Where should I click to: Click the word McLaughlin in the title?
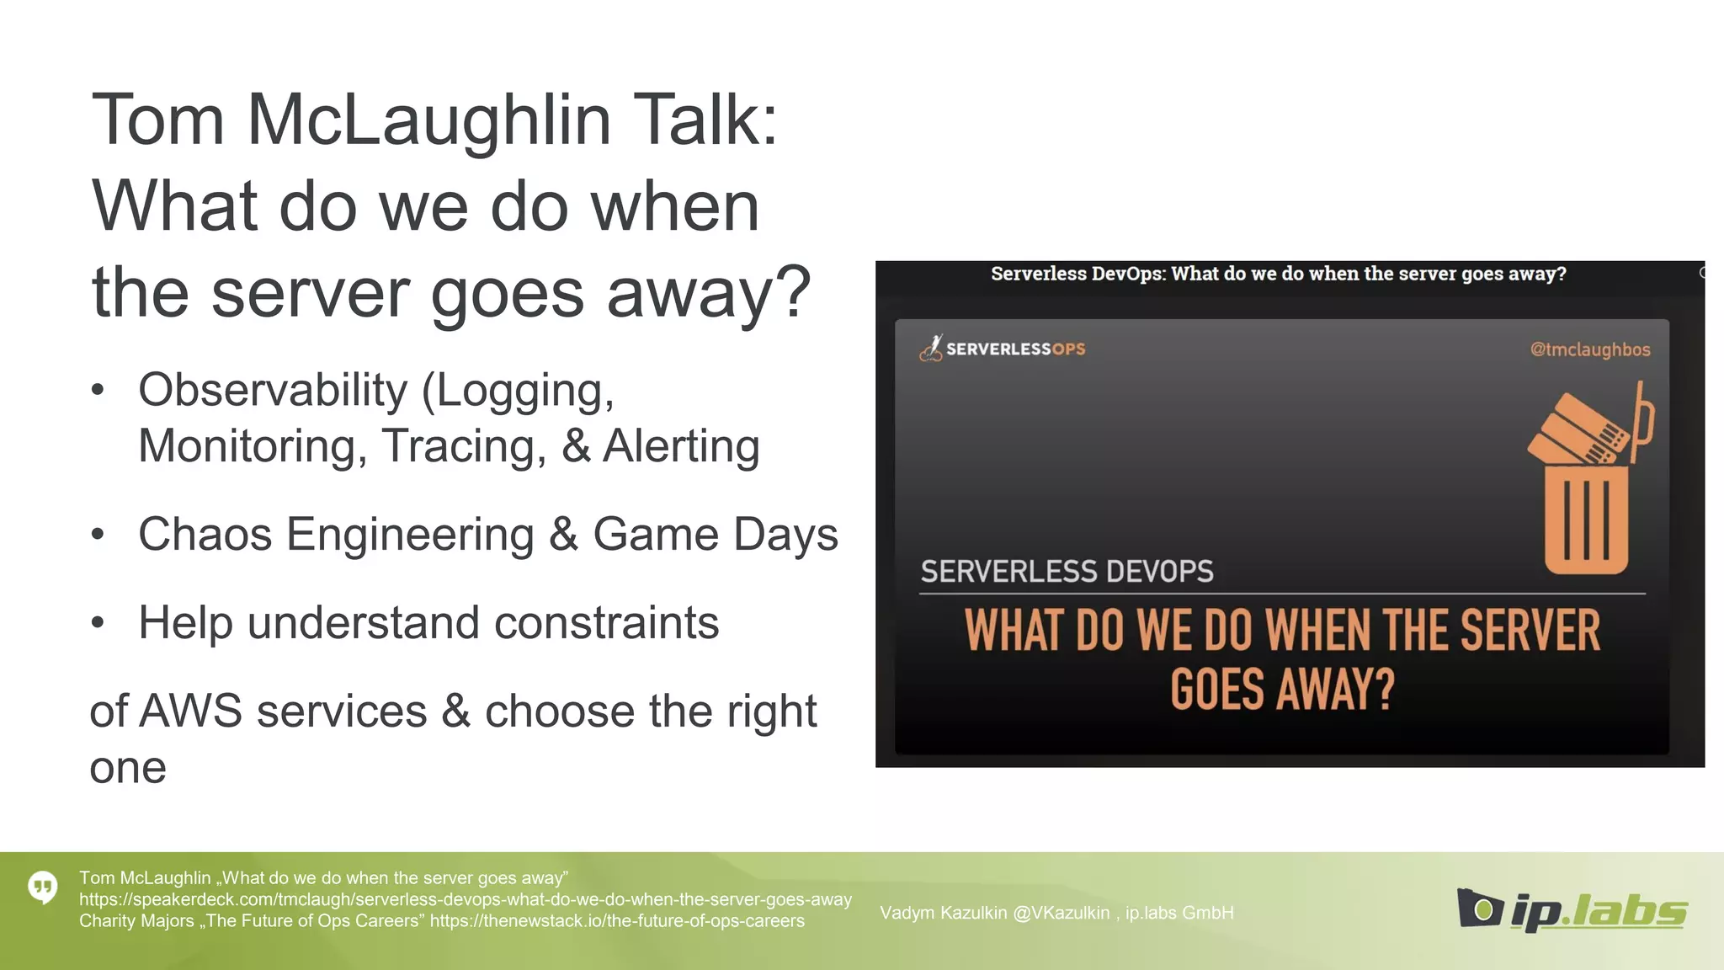coord(428,120)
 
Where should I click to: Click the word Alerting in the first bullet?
coord(681,445)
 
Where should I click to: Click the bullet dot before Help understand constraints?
coord(98,622)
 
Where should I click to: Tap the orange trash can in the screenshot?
coord(1586,519)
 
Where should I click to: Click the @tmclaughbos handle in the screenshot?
coord(1589,349)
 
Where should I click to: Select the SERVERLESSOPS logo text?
coord(1014,349)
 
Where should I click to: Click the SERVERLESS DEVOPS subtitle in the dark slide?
coord(1067,572)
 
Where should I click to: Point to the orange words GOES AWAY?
coord(1282,690)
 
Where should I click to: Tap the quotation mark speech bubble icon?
coord(43,887)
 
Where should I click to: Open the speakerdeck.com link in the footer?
coord(465,899)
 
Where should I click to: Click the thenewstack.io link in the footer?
coord(616,921)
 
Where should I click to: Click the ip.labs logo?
coord(1571,910)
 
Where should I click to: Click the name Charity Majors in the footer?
coord(136,921)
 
